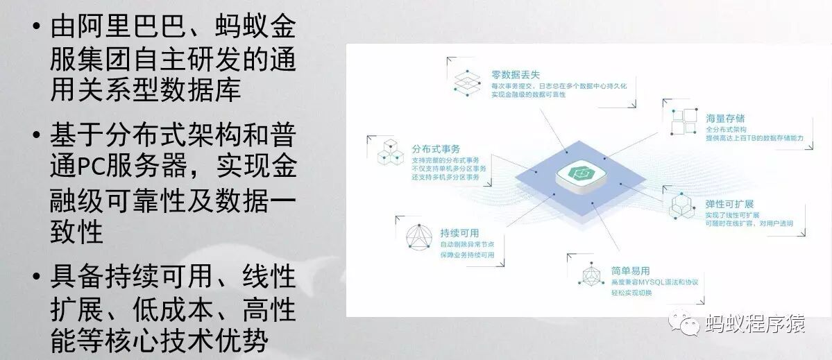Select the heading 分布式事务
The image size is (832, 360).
coord(436,149)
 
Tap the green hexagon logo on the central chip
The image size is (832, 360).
coord(578,171)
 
